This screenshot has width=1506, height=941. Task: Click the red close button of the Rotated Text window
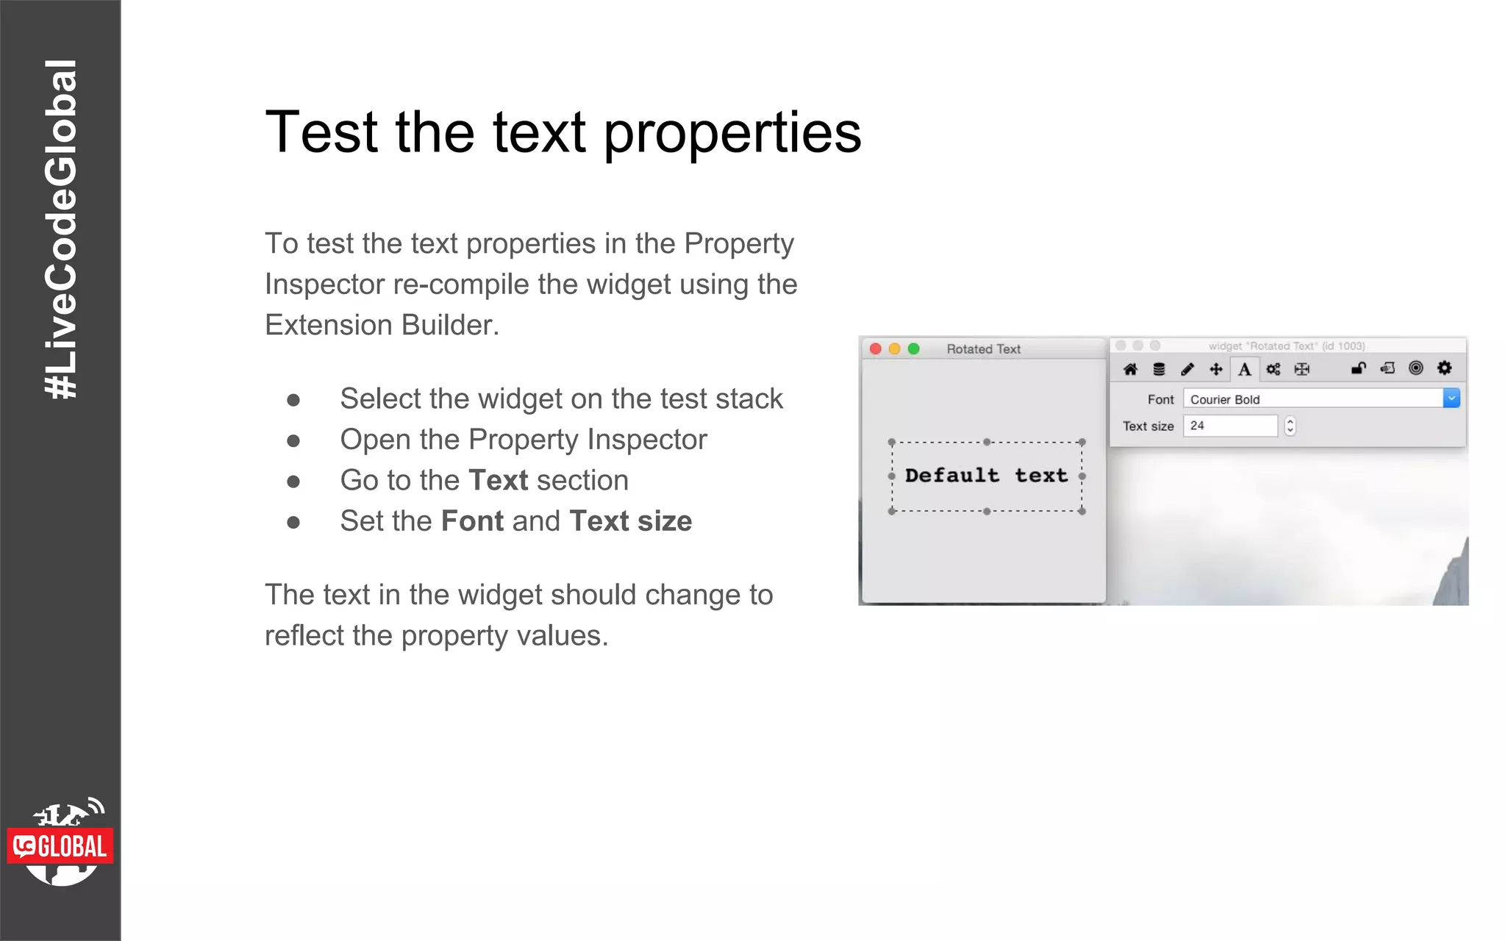[875, 348]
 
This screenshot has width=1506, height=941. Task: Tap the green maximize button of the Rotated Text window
[913, 348]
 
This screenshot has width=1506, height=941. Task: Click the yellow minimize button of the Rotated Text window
[894, 348]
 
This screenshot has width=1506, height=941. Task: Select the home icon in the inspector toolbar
[1130, 369]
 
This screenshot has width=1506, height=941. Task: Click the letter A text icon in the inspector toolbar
[1244, 369]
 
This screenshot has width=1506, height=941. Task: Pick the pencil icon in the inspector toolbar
[1187, 369]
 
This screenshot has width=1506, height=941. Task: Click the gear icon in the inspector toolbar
[1444, 368]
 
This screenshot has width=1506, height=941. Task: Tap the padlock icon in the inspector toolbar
[1358, 368]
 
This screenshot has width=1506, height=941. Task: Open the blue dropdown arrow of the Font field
[1451, 398]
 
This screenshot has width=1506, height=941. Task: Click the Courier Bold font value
[1225, 399]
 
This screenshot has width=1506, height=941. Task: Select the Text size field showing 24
[1230, 426]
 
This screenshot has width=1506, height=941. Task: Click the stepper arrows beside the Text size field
[1290, 426]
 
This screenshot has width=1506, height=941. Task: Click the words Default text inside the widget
[985, 476]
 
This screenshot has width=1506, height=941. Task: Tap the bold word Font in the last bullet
[472, 521]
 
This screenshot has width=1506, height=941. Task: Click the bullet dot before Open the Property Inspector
[293, 440]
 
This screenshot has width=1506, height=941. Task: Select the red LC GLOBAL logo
[60, 846]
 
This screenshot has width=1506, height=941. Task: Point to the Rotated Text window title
[983, 349]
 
